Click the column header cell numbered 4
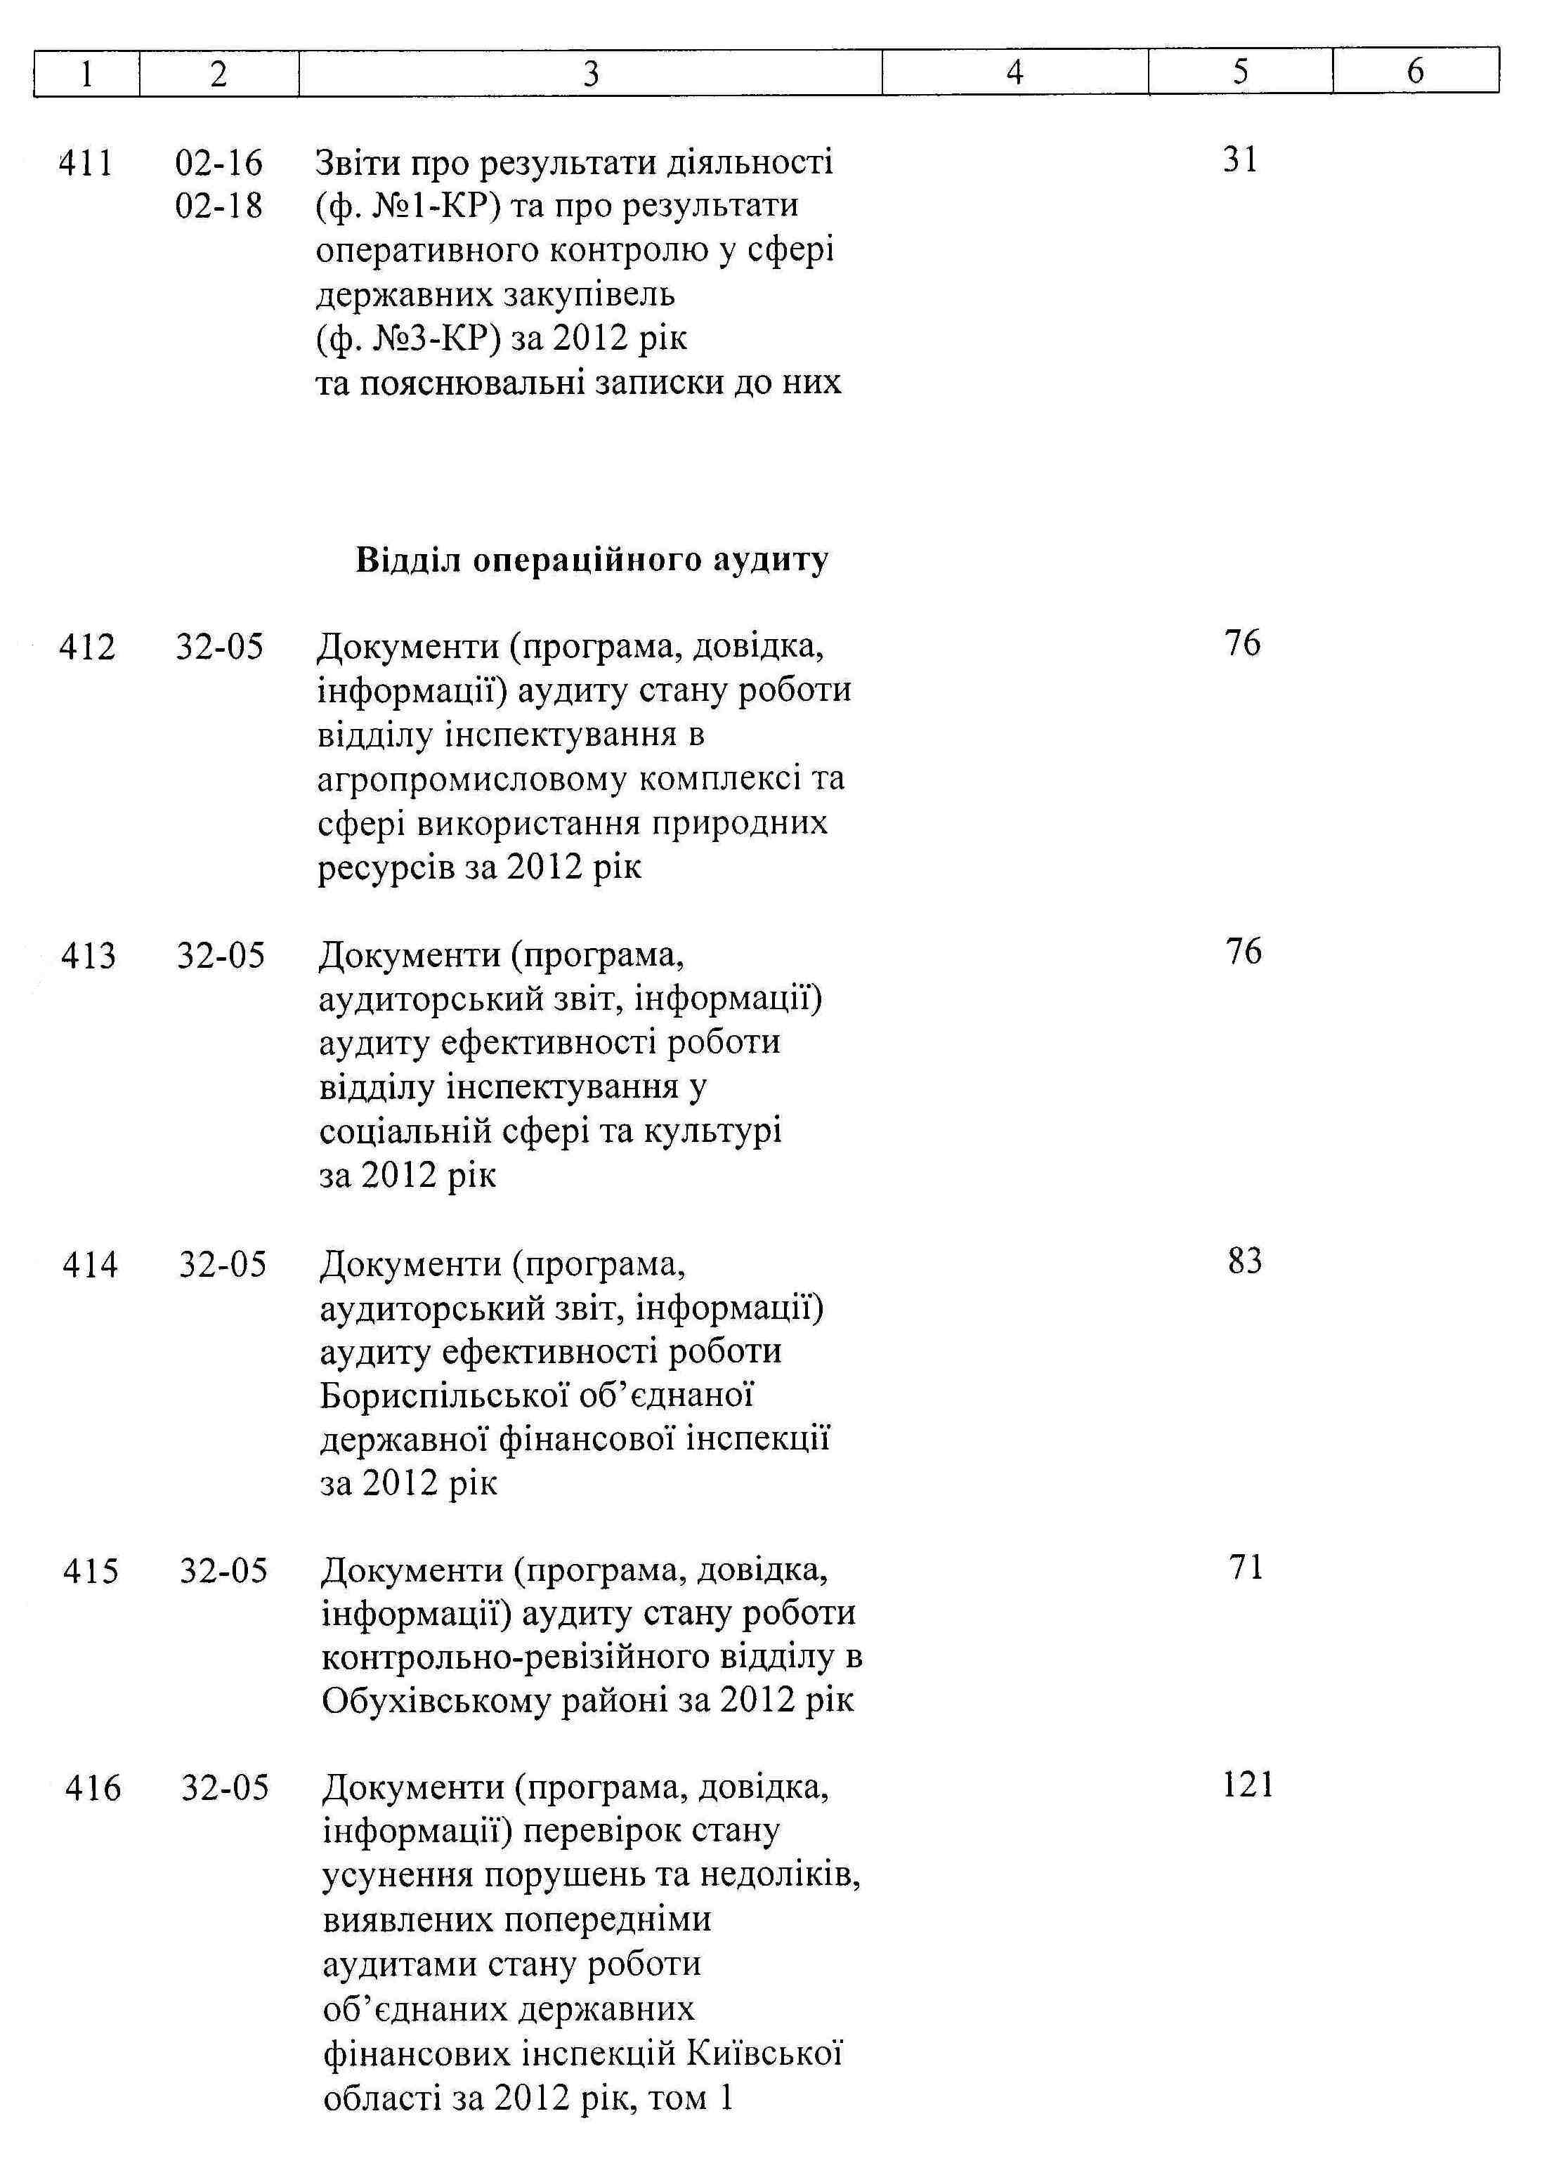click(1014, 72)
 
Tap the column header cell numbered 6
click(1415, 72)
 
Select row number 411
click(86, 163)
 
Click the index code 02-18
click(218, 206)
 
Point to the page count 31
click(1240, 160)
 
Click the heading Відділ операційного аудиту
click(592, 560)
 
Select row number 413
click(88, 956)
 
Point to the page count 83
click(1244, 1261)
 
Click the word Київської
click(764, 2054)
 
